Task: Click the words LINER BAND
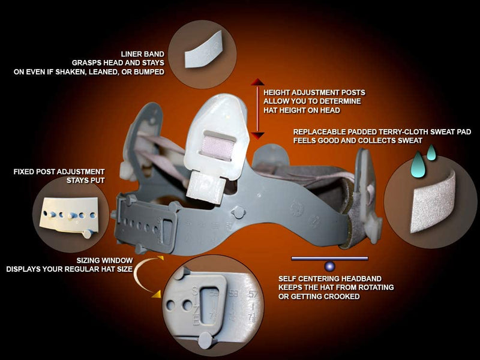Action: click(x=143, y=54)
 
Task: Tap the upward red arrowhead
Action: click(x=257, y=82)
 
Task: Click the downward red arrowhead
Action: click(x=257, y=136)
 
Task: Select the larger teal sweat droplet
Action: click(x=418, y=164)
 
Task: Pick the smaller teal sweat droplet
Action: click(x=431, y=152)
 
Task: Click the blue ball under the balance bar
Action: click(x=329, y=266)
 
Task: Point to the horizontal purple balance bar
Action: click(x=329, y=259)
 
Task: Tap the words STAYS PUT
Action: click(x=86, y=181)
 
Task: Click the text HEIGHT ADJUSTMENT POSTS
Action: click(x=314, y=92)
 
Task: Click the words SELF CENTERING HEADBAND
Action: click(x=330, y=279)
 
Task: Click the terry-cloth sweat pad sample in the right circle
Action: click(x=433, y=202)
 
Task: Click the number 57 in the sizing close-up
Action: click(x=253, y=295)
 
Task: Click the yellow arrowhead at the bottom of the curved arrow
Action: click(x=156, y=295)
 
